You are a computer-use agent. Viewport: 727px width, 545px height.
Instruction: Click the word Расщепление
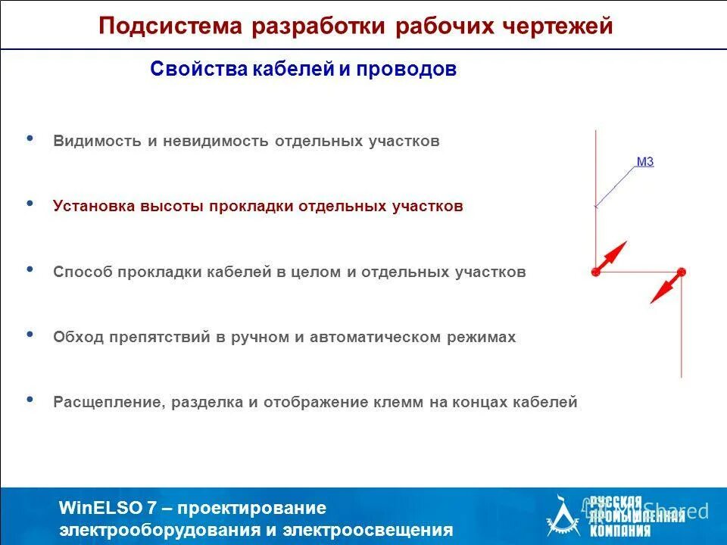pos(106,403)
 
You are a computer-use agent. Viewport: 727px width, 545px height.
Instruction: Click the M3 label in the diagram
pos(644,161)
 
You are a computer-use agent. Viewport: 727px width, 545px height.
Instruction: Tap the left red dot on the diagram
pos(595,271)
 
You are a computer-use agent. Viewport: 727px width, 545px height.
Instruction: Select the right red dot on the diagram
pos(681,272)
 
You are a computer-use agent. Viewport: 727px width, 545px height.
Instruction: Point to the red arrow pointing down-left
pos(665,288)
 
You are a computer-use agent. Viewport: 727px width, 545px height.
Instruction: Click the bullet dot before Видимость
pos(30,139)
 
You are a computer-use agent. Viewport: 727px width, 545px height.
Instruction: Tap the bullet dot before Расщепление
pos(30,399)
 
